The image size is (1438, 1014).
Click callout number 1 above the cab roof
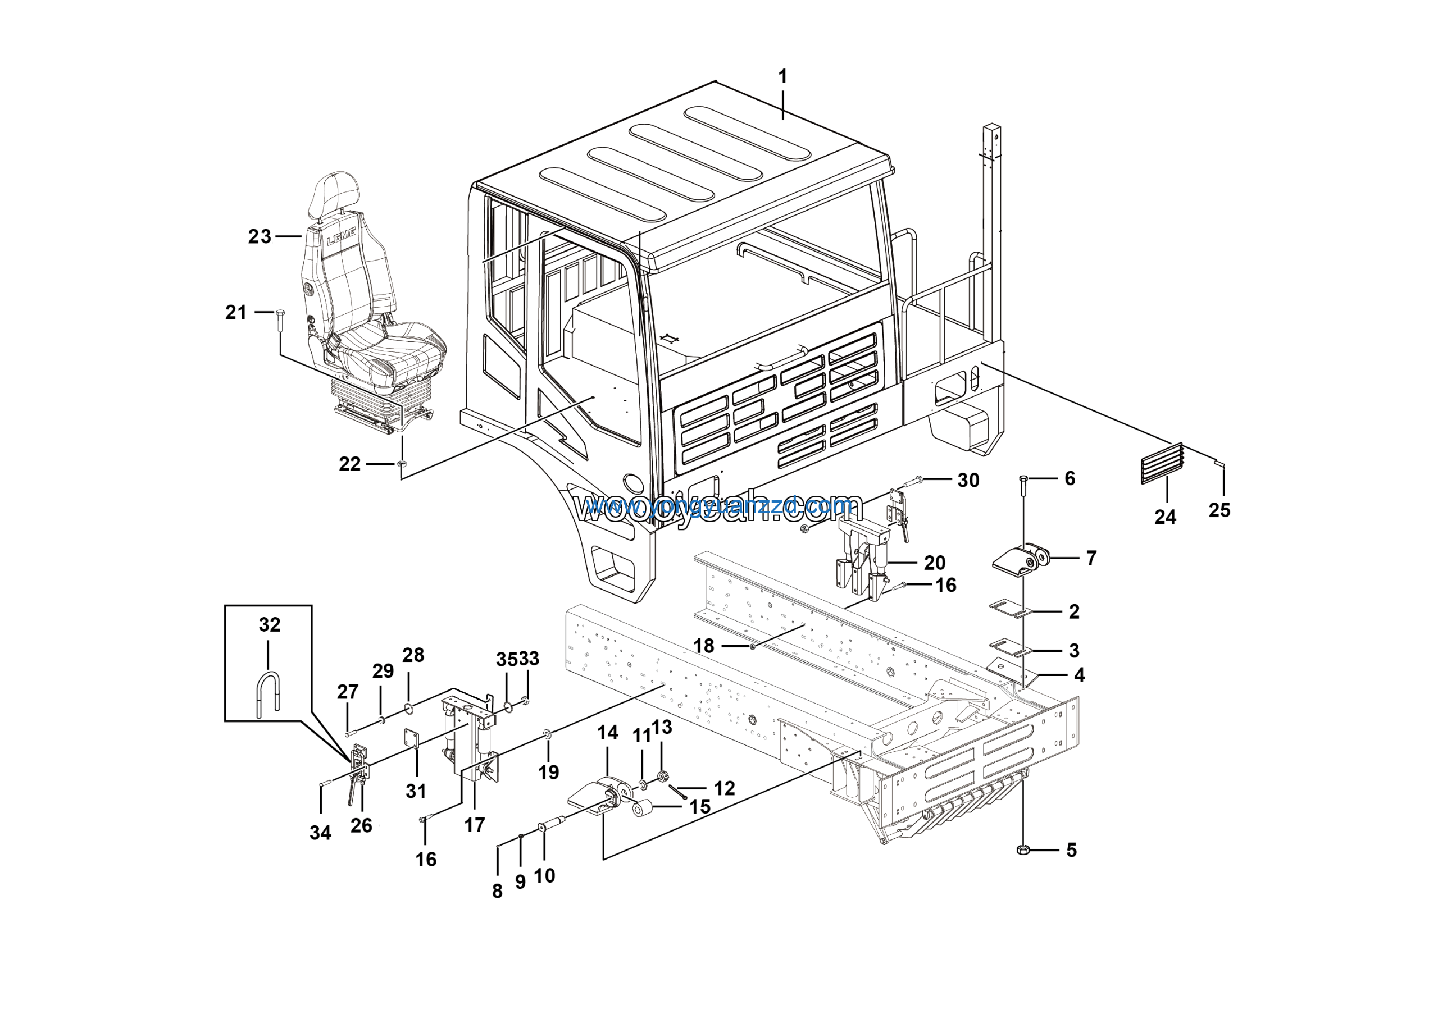(782, 77)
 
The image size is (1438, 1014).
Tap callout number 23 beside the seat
(260, 236)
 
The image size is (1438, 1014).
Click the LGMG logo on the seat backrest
(342, 236)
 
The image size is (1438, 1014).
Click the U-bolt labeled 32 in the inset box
(268, 693)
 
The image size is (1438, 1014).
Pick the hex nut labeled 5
(1022, 849)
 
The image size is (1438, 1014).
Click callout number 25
(1219, 510)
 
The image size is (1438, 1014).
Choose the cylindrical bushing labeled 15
(643, 808)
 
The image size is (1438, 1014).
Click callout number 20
(935, 563)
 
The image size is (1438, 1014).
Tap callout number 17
(474, 825)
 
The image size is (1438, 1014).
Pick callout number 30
(968, 480)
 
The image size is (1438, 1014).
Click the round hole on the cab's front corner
(633, 483)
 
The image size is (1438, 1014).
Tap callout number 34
(320, 833)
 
